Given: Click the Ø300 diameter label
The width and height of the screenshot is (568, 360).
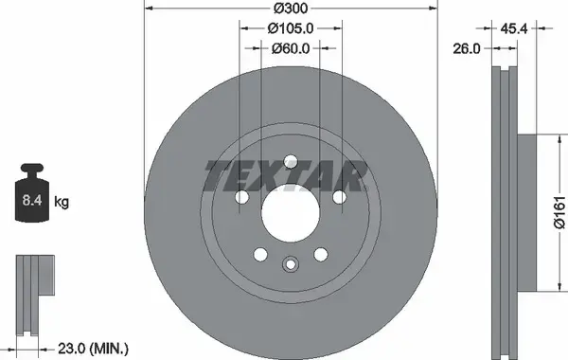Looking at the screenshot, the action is click(x=291, y=8).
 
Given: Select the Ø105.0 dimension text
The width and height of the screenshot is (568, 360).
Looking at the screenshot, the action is click(x=291, y=28).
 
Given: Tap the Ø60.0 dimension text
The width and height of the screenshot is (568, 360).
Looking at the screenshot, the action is click(x=291, y=48).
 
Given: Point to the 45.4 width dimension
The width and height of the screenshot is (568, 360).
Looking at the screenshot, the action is click(x=514, y=28).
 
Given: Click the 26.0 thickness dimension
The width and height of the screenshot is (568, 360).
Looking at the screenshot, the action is click(x=466, y=48).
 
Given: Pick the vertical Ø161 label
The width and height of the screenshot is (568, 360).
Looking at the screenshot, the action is click(x=559, y=212).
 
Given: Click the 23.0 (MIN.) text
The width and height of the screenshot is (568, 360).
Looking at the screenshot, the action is click(x=93, y=349).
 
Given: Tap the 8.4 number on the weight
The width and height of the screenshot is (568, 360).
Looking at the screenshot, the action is click(x=32, y=200).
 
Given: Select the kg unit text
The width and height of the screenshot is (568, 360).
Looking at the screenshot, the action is click(x=62, y=202).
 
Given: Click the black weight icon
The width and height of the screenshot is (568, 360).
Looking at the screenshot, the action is click(x=32, y=192).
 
